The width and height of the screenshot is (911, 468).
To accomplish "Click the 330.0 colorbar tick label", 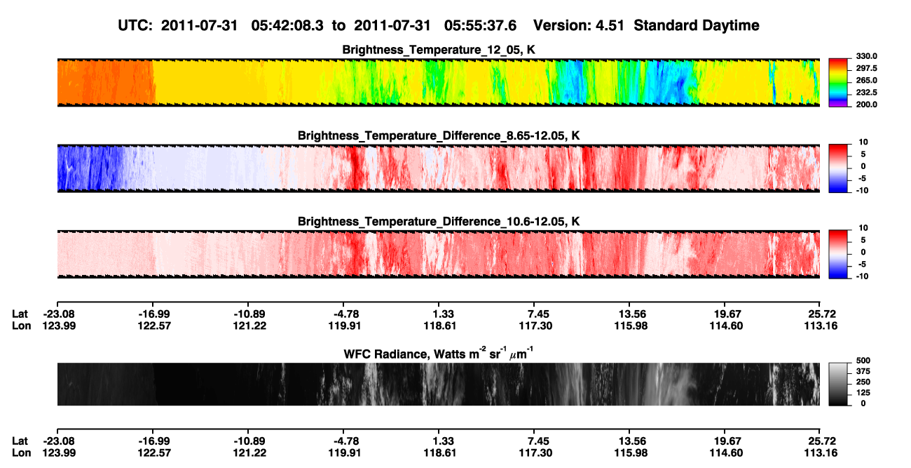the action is [866, 56].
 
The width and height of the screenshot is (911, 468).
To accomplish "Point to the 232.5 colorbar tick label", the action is [866, 93].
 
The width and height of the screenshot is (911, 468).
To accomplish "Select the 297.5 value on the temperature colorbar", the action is [866, 69].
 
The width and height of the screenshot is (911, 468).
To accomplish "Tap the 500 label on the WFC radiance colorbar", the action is [863, 361].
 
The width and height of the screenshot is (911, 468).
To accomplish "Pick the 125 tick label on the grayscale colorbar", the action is [863, 393].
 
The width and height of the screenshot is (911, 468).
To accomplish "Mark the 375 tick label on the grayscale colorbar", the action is [863, 371].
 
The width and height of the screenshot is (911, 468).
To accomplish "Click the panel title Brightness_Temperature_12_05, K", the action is [439, 50].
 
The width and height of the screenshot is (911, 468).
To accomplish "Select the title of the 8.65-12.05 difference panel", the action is [439, 135].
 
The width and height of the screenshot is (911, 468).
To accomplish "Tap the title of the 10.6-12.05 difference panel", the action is [439, 222].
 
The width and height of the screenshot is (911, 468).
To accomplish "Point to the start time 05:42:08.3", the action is [287, 26].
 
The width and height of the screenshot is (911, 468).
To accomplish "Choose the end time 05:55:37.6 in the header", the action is [480, 26].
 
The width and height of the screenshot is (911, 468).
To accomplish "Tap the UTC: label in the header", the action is [135, 26].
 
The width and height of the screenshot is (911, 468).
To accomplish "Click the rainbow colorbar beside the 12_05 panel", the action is [838, 83].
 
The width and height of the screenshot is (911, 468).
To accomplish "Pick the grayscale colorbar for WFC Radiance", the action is [838, 384].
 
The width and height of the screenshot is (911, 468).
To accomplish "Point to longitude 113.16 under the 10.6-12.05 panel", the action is [821, 326].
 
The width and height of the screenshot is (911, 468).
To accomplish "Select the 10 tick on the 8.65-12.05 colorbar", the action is [863, 142].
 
